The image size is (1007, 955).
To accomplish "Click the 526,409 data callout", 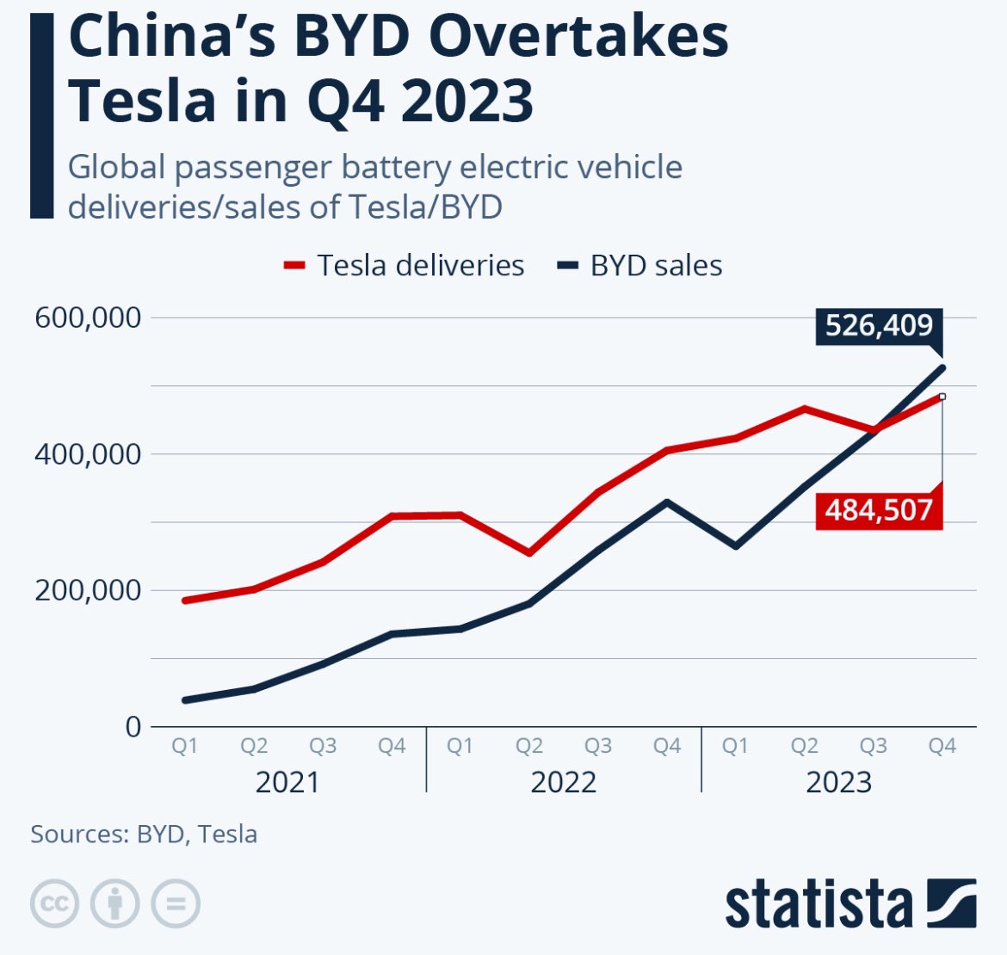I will [879, 326].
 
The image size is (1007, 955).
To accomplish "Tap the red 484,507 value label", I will [879, 510].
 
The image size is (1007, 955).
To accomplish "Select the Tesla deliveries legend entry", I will [405, 265].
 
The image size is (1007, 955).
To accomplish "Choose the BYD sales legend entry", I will [640, 265].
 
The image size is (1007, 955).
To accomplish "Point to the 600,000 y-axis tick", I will [88, 317].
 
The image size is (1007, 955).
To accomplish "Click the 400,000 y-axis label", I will [88, 453].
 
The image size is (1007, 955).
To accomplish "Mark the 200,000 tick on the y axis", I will [88, 590].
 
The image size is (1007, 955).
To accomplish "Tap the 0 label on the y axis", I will [133, 727].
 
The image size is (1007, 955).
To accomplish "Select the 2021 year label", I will [287, 782].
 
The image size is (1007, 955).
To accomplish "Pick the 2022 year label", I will [564, 782].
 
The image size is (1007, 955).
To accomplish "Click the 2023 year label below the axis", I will [839, 782].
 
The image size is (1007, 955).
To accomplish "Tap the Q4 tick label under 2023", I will [942, 746].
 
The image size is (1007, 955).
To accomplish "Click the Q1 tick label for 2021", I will [185, 746].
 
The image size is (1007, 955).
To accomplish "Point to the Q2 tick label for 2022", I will [529, 746].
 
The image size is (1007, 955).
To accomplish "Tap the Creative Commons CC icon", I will [55, 904].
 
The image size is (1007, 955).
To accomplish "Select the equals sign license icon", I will [176, 904].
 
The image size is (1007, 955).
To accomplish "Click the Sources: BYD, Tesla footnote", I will [144, 834].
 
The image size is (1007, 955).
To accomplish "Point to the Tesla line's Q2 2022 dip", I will [529, 552].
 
